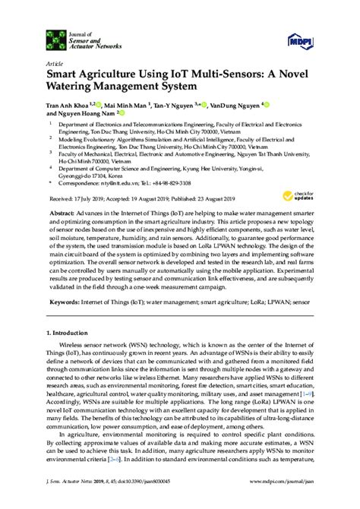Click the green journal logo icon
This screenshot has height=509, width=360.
coord(53,37)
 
